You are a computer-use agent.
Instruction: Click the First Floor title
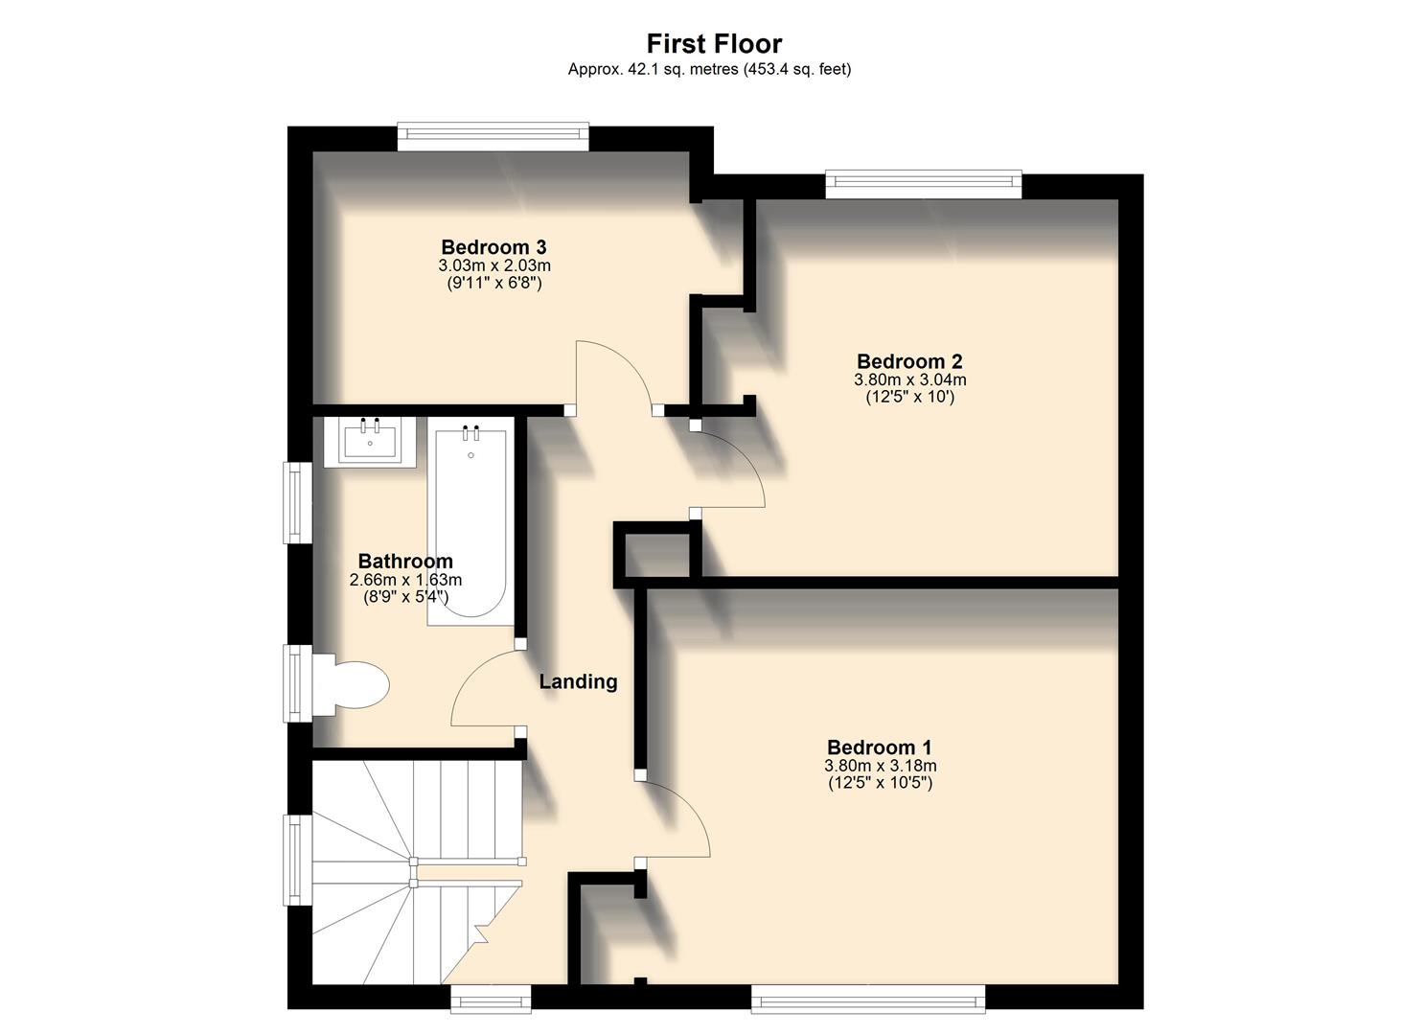(x=714, y=44)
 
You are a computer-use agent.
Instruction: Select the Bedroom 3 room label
(x=493, y=247)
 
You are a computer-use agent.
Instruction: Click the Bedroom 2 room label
(x=909, y=361)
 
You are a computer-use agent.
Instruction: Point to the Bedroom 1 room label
(x=879, y=747)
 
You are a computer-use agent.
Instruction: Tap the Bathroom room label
(x=405, y=562)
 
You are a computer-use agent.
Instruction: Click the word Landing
(x=578, y=681)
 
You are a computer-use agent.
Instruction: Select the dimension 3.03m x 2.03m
(x=494, y=265)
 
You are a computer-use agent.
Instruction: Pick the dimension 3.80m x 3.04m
(x=909, y=379)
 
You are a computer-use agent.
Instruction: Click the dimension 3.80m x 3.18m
(x=880, y=766)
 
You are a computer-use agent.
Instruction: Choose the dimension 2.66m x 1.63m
(x=405, y=580)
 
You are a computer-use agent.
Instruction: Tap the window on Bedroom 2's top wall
(x=924, y=184)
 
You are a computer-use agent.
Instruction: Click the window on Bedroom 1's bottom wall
(x=867, y=999)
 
